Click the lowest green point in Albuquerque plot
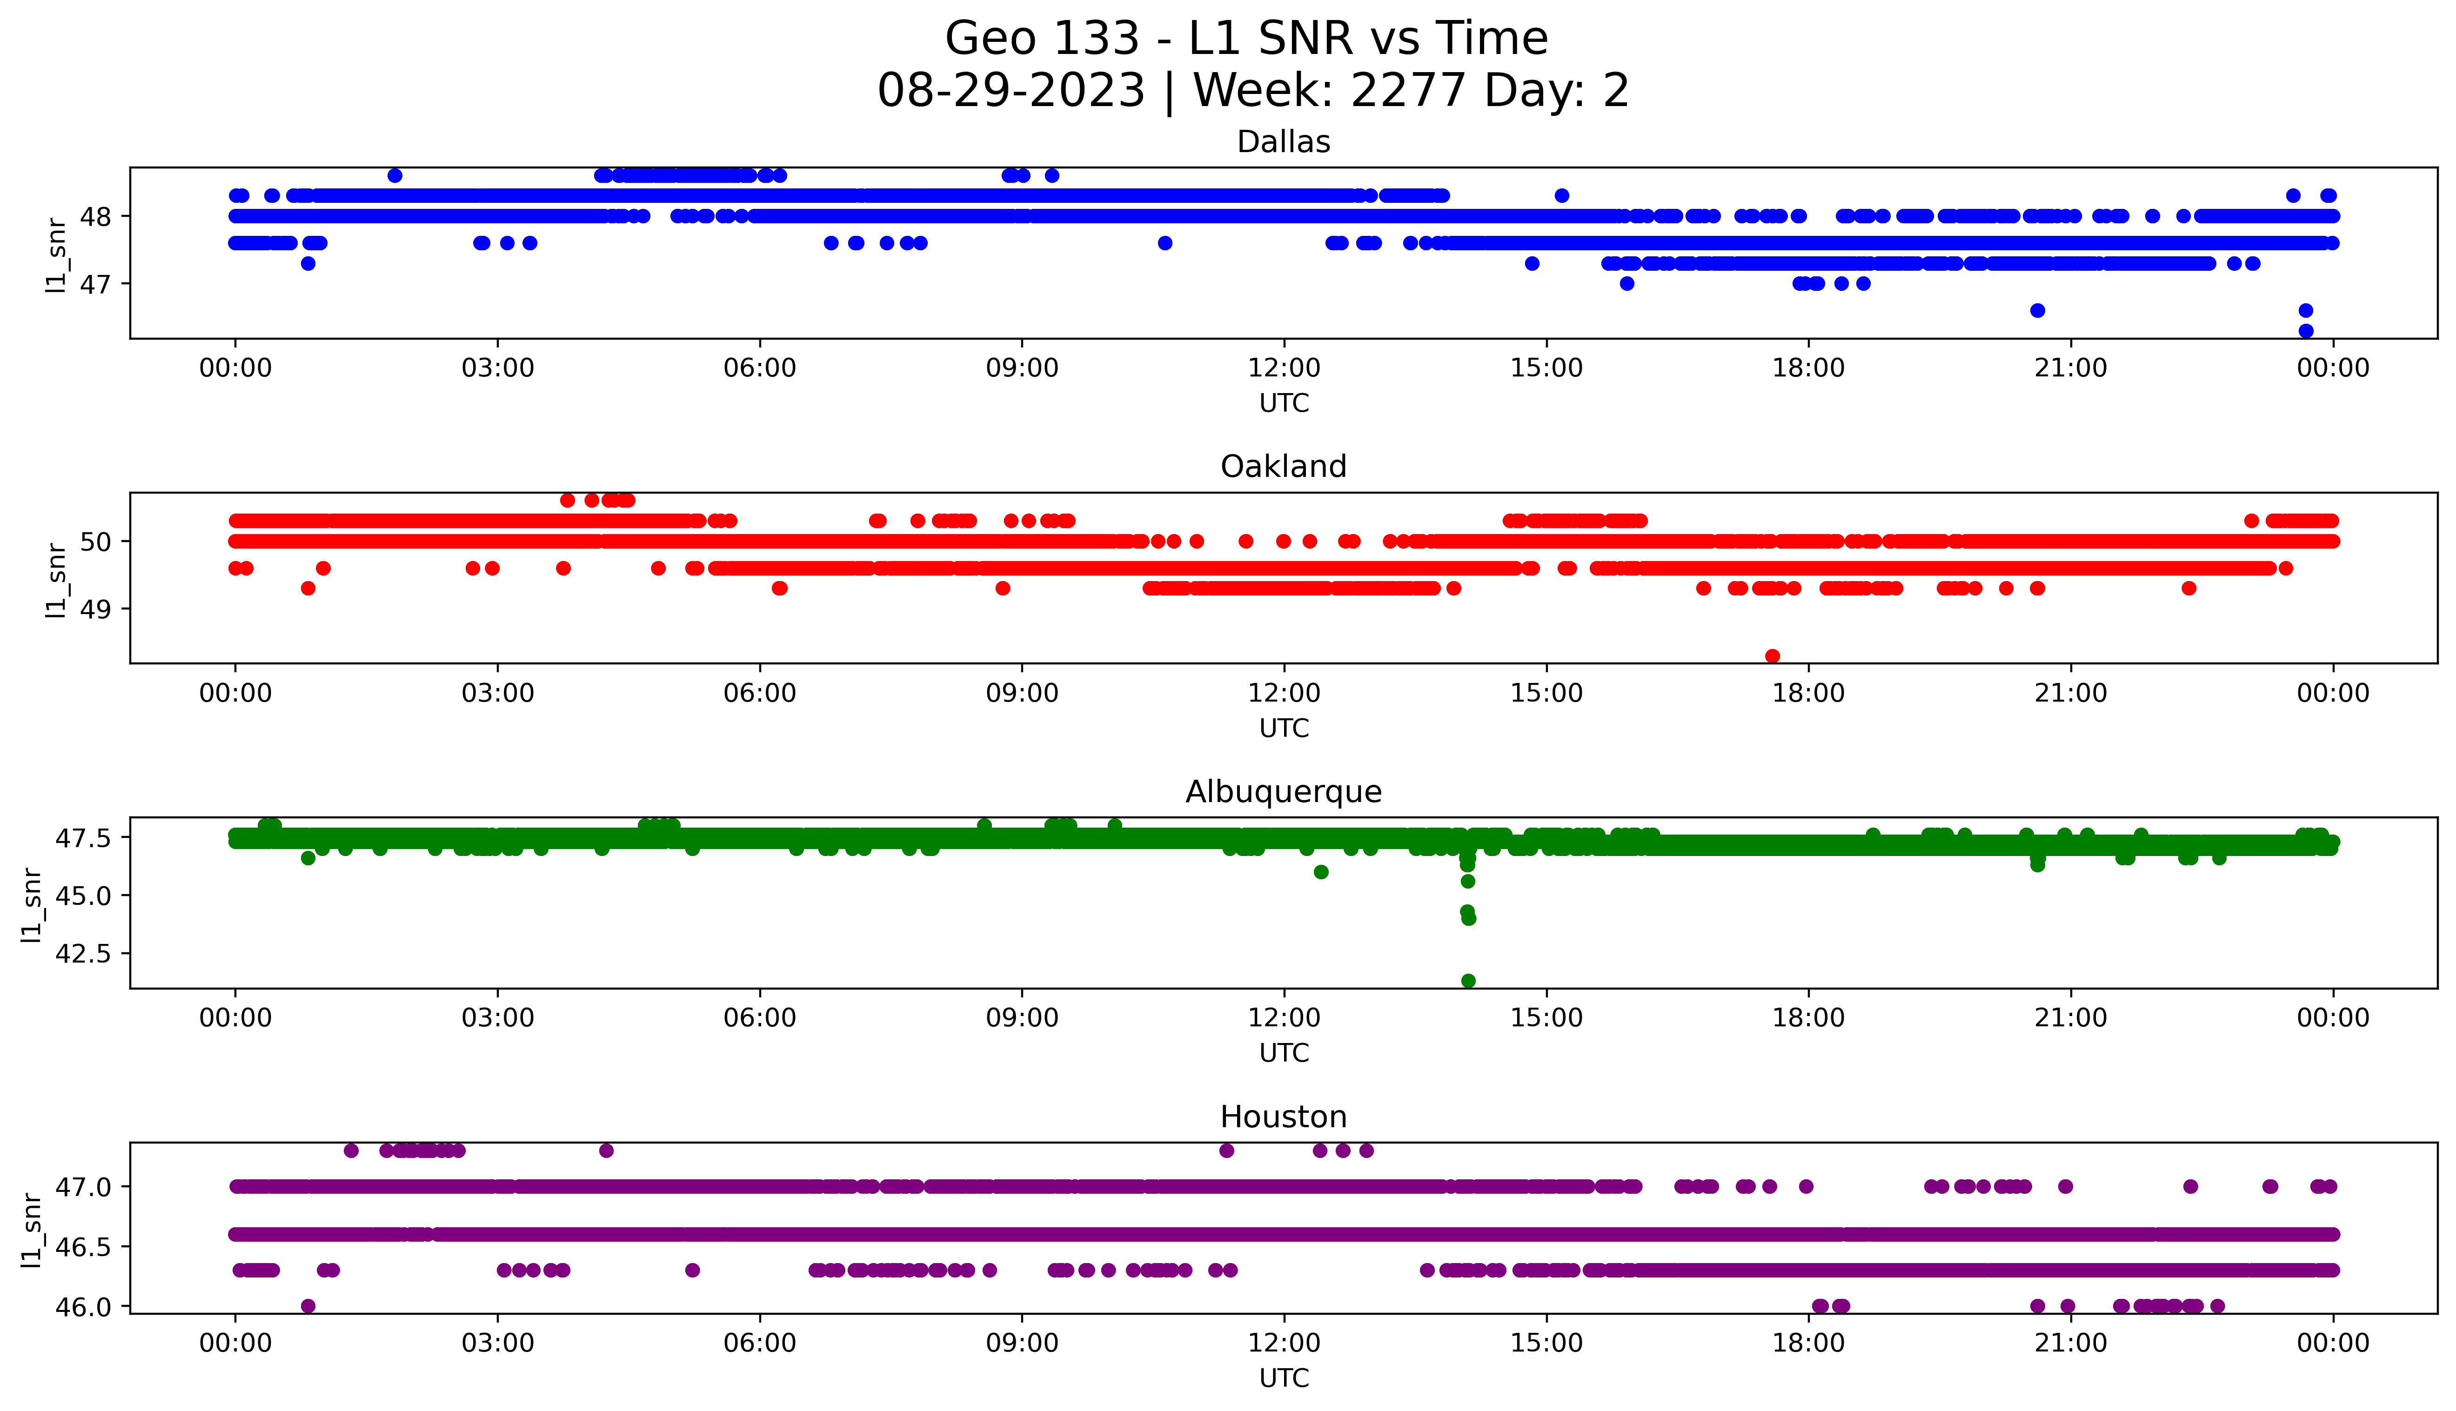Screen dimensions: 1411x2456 (1468, 981)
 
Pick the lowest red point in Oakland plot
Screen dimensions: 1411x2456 (1772, 656)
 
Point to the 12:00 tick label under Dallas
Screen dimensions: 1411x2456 (1284, 368)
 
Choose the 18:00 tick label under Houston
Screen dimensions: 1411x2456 (1808, 1343)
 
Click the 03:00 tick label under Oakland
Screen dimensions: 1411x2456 (498, 693)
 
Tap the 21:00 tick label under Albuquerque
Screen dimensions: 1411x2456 (2070, 1017)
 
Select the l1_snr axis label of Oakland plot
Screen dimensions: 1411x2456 (56, 580)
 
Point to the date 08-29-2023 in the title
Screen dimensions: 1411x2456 (1011, 91)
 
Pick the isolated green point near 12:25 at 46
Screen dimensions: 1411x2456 (1320, 872)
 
